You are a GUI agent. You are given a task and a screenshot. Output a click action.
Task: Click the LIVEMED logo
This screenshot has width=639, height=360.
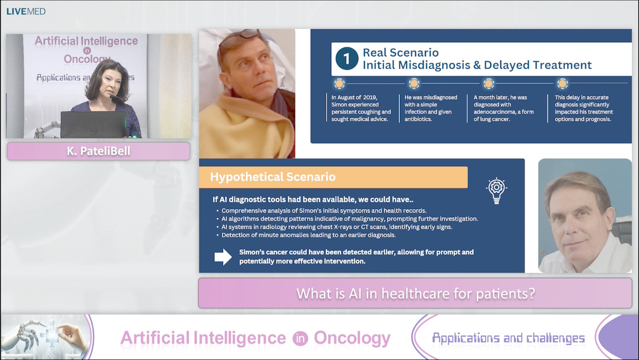tap(25, 11)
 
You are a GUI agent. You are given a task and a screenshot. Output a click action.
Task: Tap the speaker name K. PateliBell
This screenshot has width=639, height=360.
tap(98, 152)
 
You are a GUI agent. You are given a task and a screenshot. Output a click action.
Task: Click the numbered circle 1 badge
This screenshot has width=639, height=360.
tap(346, 59)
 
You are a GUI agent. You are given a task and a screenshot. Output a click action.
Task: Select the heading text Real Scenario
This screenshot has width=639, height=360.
tap(401, 53)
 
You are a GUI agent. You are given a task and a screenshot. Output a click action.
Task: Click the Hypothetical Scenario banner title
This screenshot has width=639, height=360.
tap(273, 177)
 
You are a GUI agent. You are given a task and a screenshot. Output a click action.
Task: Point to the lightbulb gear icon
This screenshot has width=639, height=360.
tap(496, 191)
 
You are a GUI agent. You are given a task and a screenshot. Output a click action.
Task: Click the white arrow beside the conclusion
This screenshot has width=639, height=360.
tap(223, 256)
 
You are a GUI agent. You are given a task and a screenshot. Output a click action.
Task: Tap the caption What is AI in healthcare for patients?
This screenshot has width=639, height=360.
tap(415, 293)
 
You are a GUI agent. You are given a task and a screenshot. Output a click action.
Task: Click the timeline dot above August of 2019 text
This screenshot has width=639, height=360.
tap(339, 83)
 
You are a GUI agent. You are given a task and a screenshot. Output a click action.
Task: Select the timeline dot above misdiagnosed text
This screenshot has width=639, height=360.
tap(414, 83)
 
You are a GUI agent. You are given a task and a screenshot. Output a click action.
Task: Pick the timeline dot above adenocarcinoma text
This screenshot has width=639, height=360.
tap(489, 83)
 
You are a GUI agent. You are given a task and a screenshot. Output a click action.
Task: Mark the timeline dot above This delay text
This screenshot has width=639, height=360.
tap(563, 83)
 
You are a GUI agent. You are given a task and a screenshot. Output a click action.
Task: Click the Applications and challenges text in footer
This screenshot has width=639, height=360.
tap(508, 338)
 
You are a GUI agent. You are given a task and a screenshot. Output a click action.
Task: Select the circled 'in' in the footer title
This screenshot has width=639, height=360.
tap(299, 339)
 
